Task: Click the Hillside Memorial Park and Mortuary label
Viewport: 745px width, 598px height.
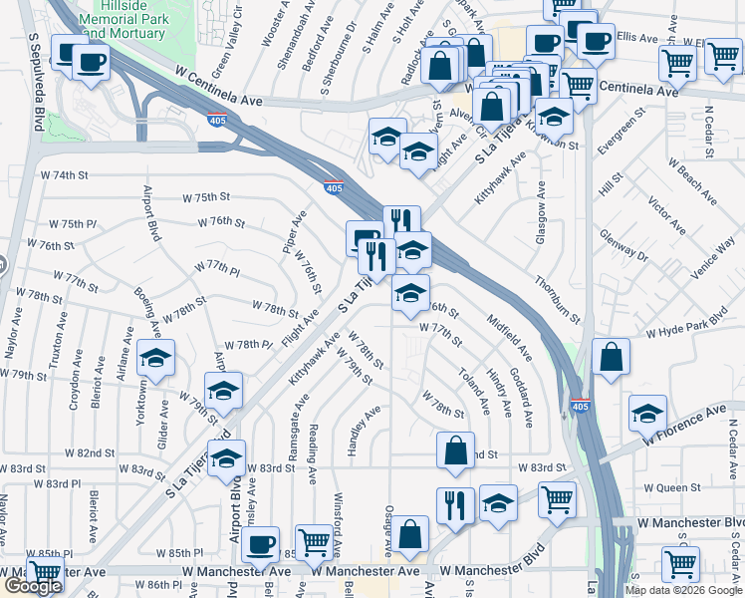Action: pos(124,18)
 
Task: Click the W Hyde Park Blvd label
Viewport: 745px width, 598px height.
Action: pos(693,328)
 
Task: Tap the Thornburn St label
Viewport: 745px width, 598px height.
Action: pos(556,298)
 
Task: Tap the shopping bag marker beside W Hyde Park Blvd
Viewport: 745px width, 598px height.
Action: pos(611,356)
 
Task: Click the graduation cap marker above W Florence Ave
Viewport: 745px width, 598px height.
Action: pos(647,412)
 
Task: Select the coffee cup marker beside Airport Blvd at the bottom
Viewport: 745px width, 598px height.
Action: pos(260,544)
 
